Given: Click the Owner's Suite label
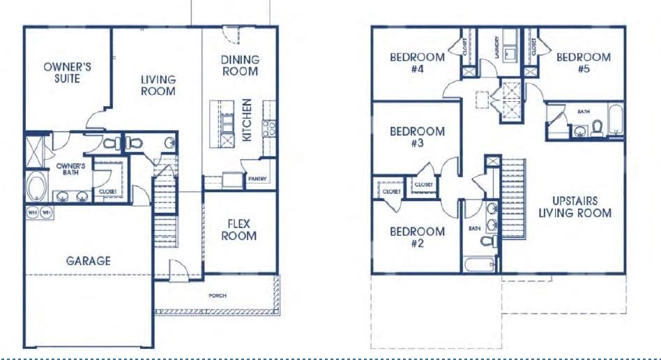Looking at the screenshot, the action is [67, 73].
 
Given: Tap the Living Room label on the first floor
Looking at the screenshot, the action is [158, 85].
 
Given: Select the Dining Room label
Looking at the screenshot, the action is [240, 66].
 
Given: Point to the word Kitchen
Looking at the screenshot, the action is [247, 120].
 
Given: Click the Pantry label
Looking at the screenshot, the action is [257, 179].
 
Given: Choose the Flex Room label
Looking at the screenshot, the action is [239, 230].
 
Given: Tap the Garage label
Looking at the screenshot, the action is [89, 261].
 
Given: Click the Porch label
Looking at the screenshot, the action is [218, 296].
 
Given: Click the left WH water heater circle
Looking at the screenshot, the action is [33, 212].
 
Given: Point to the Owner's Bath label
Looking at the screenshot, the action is [70, 169].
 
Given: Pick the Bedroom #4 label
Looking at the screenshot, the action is [417, 63].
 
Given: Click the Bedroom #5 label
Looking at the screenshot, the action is [584, 63].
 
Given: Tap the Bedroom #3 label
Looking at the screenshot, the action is [417, 137].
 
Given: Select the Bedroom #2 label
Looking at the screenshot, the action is [417, 237].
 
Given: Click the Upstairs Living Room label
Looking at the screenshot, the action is [575, 207].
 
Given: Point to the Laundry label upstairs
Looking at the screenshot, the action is [497, 47].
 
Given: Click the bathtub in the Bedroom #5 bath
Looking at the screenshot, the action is [615, 119].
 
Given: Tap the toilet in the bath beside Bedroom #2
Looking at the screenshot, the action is [488, 241].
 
